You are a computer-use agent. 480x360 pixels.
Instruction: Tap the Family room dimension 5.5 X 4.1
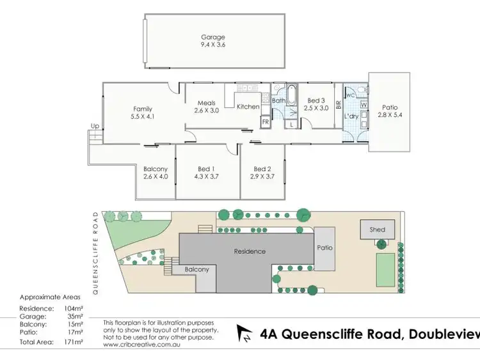click(x=142, y=117)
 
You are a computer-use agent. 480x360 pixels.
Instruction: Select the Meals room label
click(x=206, y=103)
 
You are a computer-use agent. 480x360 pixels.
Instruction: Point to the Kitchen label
click(x=248, y=107)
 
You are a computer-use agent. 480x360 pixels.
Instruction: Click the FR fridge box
click(x=265, y=121)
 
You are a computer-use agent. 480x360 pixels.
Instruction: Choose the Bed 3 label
click(x=316, y=100)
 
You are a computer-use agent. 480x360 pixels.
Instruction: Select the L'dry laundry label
click(x=351, y=116)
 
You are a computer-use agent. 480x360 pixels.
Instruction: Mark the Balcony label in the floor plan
click(x=155, y=168)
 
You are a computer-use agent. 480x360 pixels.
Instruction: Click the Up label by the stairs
click(x=95, y=126)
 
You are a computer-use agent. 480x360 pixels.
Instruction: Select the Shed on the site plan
click(x=378, y=229)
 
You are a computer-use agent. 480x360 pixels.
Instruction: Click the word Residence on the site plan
click(x=249, y=251)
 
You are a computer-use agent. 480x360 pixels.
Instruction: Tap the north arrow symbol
click(x=245, y=333)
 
